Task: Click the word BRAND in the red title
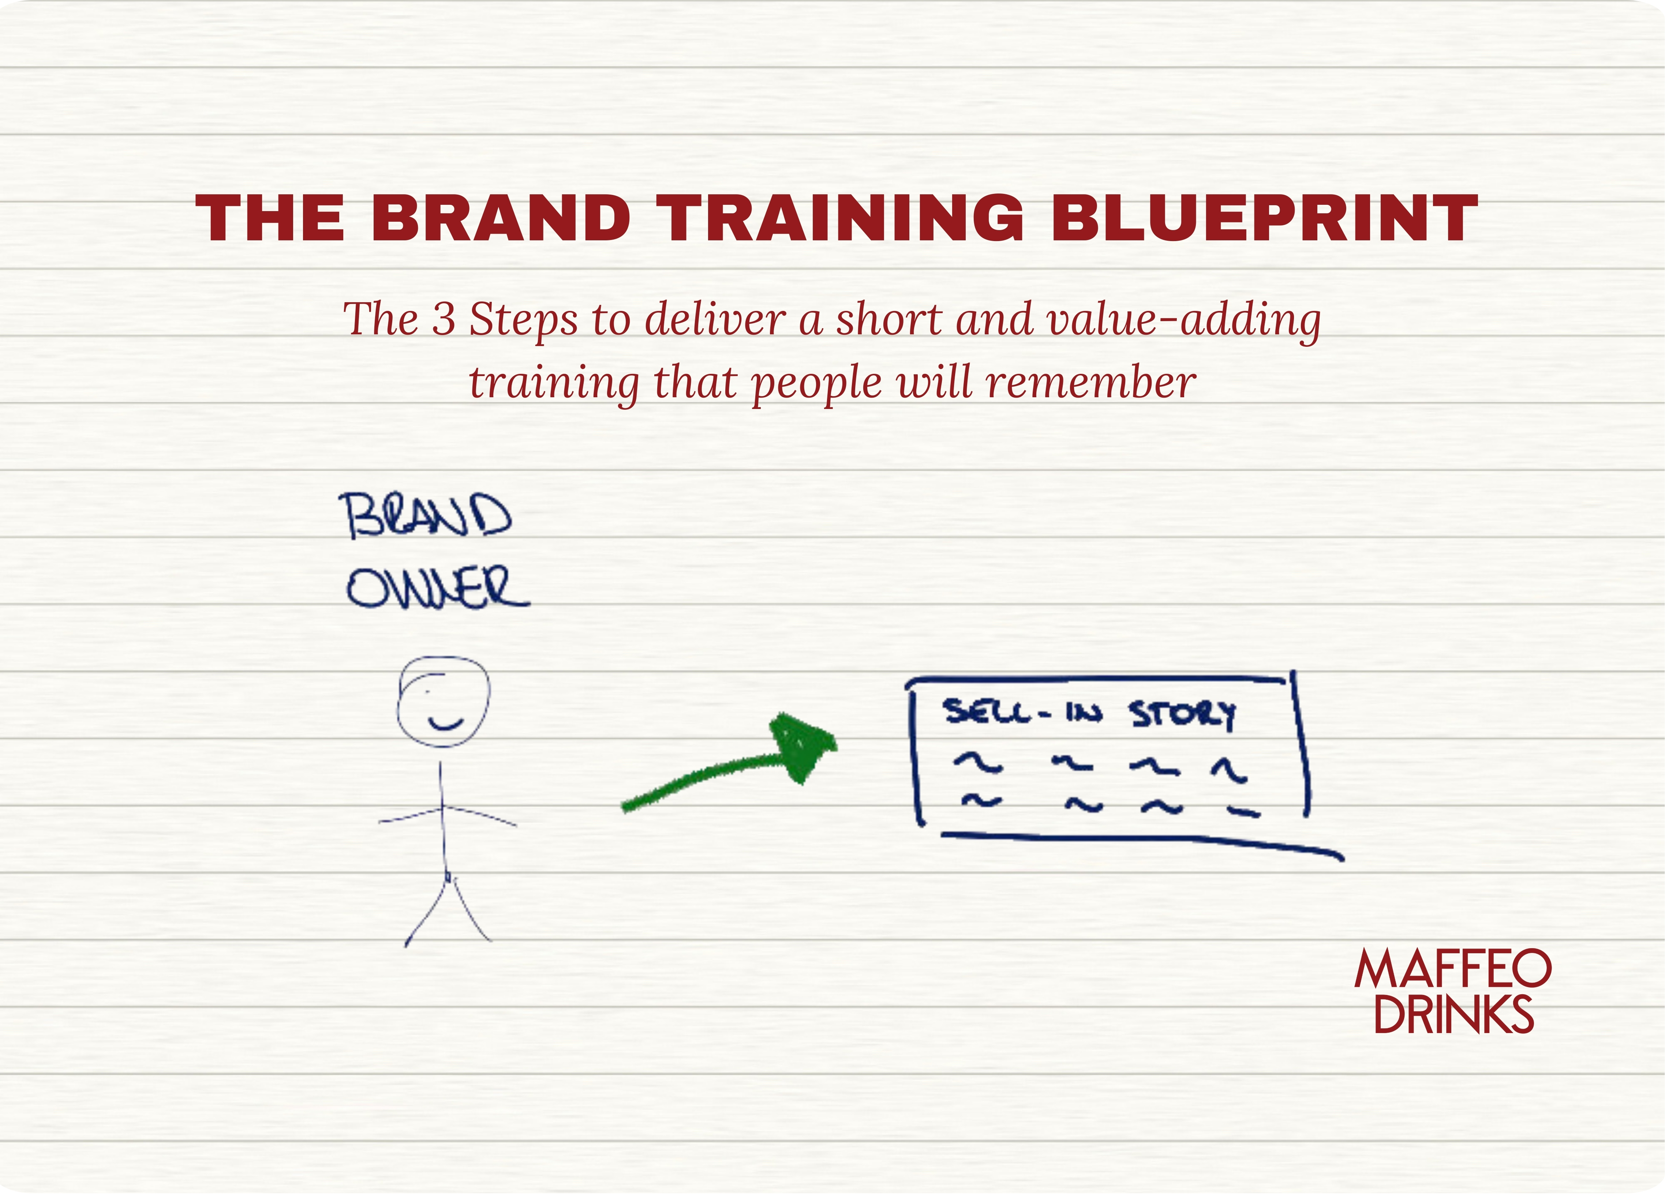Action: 501,218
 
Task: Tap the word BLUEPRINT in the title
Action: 1264,218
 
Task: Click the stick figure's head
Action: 444,701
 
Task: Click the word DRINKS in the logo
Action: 1453,1014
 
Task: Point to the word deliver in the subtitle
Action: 714,320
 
